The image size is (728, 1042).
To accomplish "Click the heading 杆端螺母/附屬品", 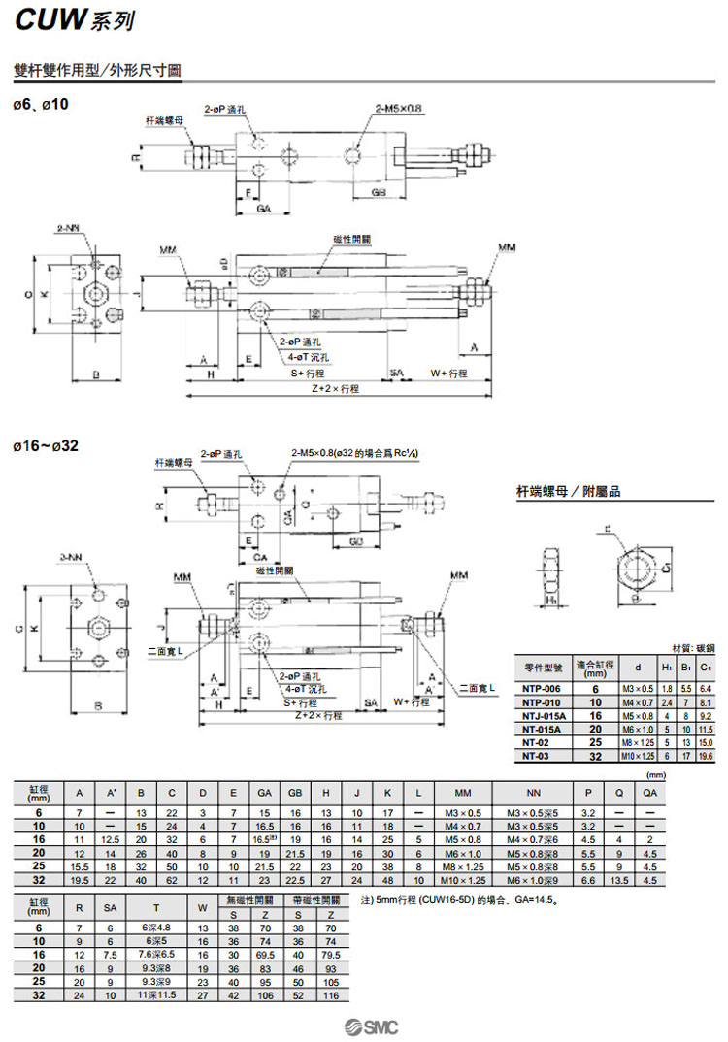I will (568, 493).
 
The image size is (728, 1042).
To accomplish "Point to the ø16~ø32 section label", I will (46, 446).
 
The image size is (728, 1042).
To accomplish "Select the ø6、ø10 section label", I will (42, 102).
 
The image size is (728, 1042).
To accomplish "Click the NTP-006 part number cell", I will (539, 687).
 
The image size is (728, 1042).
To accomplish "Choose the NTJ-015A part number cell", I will (539, 714).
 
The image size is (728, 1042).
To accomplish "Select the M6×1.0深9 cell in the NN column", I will (533, 880).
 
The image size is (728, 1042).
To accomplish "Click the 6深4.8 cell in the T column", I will (157, 927).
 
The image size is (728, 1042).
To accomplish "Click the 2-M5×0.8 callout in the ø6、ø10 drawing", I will (400, 109).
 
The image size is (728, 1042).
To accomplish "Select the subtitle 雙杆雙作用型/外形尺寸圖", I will (97, 71).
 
